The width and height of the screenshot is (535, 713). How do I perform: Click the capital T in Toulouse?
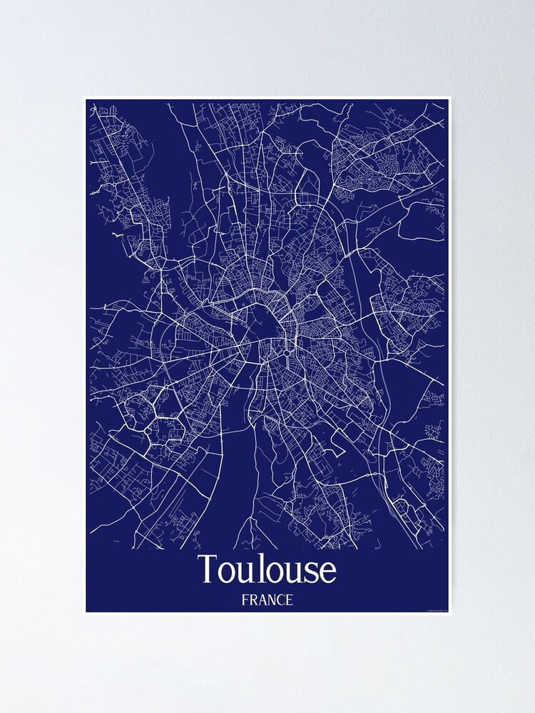208,570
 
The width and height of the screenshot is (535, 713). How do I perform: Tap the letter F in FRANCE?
245,600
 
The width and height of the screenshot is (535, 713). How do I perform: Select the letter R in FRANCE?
253,600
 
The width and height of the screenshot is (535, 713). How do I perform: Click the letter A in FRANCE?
263,600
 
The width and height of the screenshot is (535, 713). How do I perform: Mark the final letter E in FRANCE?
290,600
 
